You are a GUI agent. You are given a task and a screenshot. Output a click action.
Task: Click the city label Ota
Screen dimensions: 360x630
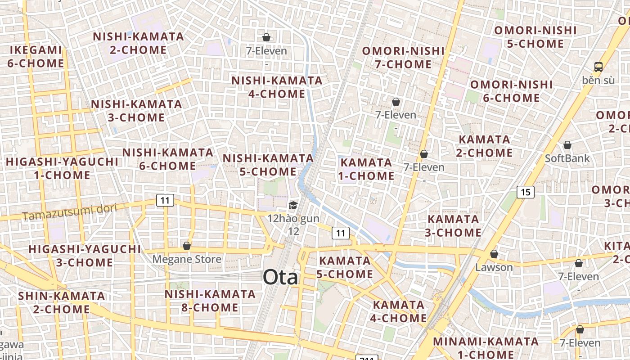click(280, 277)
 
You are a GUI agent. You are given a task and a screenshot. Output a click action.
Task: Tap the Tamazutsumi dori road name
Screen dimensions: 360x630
click(69, 212)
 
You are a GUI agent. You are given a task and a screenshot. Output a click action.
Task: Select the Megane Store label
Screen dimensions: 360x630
click(187, 259)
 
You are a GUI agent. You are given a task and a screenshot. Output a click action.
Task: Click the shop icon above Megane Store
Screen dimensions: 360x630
click(187, 246)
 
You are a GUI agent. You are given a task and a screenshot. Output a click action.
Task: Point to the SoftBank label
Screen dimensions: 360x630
click(567, 158)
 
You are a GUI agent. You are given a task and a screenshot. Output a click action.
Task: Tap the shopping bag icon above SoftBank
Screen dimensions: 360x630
click(567, 145)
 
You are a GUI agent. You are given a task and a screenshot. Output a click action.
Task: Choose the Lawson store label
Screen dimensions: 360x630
click(494, 267)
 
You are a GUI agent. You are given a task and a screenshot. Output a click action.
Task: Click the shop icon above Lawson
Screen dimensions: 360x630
click(494, 254)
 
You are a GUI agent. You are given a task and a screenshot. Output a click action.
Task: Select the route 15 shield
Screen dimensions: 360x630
click(525, 192)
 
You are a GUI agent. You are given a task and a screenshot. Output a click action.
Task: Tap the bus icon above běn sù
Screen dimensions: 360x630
click(598, 67)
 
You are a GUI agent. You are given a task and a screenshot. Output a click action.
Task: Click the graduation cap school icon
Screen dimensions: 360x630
click(293, 206)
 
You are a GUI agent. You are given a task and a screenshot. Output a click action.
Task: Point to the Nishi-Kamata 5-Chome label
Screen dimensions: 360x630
click(268, 165)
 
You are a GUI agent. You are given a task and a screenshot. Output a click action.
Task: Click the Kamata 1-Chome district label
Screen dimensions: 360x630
click(366, 169)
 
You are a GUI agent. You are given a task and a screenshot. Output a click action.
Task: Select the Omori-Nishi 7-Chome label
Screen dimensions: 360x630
click(404, 58)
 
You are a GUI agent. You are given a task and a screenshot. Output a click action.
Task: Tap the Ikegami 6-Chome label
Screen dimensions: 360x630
click(36, 56)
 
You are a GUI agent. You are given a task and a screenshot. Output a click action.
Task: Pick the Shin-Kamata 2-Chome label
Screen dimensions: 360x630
click(62, 302)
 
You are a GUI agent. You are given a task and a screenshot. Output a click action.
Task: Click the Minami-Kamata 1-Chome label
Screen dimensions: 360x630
click(486, 347)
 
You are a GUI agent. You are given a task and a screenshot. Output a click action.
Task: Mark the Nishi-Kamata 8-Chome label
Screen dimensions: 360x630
click(210, 301)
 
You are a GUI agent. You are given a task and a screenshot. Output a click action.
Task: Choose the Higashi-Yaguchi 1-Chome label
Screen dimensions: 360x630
click(62, 168)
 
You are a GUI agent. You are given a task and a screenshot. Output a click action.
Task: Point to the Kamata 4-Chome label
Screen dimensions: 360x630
click(399, 311)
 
